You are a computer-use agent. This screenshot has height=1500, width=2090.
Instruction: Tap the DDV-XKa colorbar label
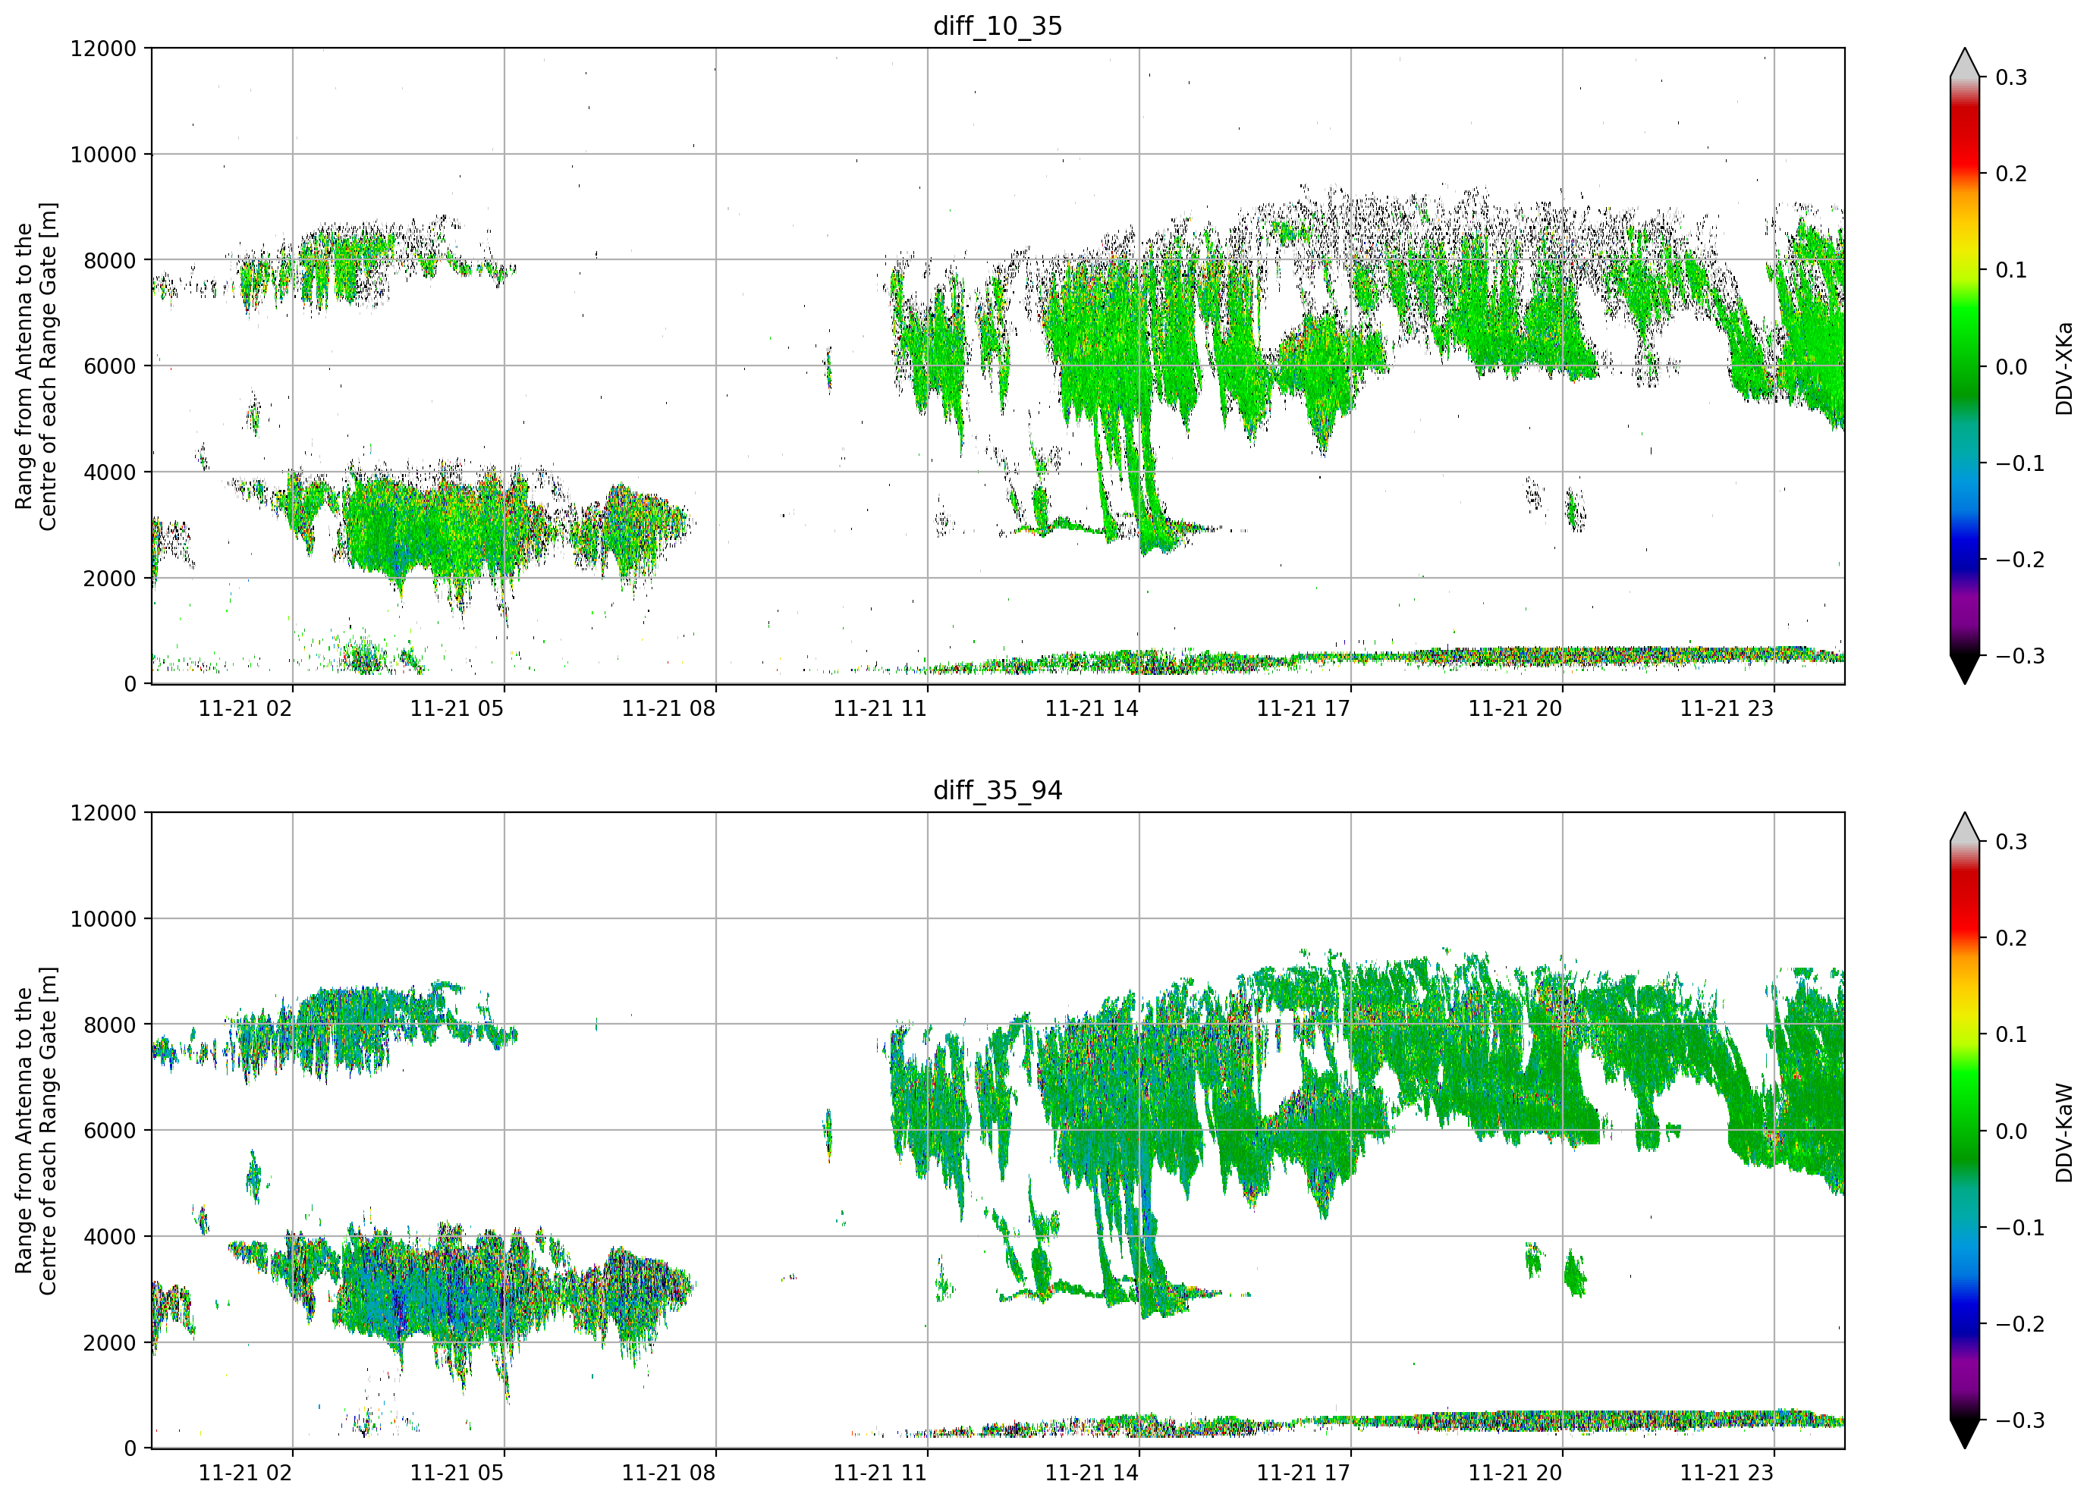coord(2063,368)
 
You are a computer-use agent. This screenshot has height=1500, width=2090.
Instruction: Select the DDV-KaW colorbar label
coord(2063,1132)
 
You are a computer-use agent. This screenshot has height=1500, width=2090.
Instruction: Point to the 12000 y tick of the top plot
coord(103,49)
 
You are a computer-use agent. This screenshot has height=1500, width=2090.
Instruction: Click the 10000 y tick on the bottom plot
coord(103,918)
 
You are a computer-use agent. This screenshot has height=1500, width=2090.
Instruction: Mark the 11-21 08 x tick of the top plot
coord(668,708)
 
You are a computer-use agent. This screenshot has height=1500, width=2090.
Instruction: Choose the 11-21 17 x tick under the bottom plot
coord(1303,1473)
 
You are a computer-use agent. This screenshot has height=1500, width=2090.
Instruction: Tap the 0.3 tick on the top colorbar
coord(2012,77)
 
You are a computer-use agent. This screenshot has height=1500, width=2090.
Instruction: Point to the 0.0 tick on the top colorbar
coord(2012,367)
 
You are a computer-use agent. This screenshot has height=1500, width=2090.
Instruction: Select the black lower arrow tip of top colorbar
coord(1965,683)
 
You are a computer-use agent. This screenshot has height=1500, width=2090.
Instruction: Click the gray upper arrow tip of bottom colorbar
coord(1965,814)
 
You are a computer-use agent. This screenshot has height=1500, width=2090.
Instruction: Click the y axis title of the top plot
coord(36,367)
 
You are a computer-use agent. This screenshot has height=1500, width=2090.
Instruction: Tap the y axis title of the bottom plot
coord(36,1131)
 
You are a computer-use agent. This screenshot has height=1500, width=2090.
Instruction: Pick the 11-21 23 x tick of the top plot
coord(1727,708)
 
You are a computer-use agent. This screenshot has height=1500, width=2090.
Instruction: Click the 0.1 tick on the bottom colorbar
coord(2012,1034)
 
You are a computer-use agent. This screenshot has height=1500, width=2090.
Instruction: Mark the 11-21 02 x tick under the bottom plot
coord(245,1473)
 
